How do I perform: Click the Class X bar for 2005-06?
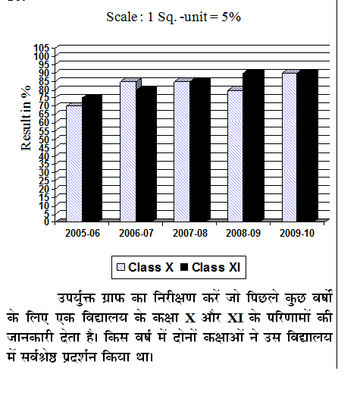(74, 163)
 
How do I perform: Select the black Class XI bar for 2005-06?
(92, 158)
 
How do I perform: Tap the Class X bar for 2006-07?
(128, 152)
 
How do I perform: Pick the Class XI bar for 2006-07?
(146, 154)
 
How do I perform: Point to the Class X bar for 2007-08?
(182, 152)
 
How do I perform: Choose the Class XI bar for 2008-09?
(253, 146)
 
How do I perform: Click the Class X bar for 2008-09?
(235, 156)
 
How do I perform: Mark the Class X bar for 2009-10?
(290, 147)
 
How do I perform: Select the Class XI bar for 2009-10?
(308, 146)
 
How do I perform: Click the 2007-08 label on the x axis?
(190, 233)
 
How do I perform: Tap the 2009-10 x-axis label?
(297, 233)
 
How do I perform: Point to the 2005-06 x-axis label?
(83, 233)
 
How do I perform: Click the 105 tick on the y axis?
(42, 48)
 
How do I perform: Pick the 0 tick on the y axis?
(46, 222)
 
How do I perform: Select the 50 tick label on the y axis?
(44, 140)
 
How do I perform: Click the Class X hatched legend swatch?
(121, 268)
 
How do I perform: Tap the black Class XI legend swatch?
(184, 267)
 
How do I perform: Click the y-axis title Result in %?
(26, 118)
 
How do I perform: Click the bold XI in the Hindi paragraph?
(235, 318)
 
